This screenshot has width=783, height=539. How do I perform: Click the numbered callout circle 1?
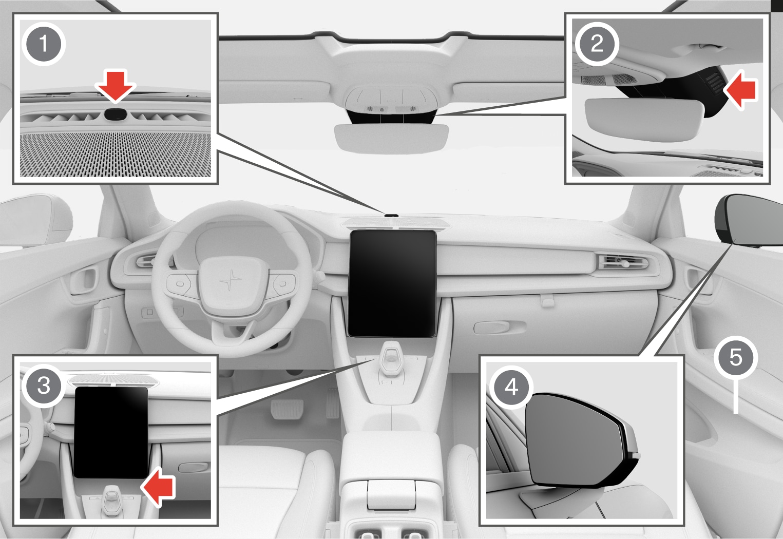[44, 44]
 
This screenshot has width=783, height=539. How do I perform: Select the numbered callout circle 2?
[597, 44]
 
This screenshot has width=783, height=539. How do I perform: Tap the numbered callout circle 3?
[44, 386]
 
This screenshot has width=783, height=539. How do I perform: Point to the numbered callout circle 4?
[511, 387]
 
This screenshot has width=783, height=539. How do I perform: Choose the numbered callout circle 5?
[736, 357]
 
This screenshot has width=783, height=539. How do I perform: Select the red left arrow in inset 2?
[740, 90]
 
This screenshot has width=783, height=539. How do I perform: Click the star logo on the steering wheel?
[230, 280]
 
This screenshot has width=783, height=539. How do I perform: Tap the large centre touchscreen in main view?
[393, 283]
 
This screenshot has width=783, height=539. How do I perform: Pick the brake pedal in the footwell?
[287, 409]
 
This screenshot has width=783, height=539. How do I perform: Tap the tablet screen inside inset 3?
[111, 432]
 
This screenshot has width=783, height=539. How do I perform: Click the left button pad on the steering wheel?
[180, 284]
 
